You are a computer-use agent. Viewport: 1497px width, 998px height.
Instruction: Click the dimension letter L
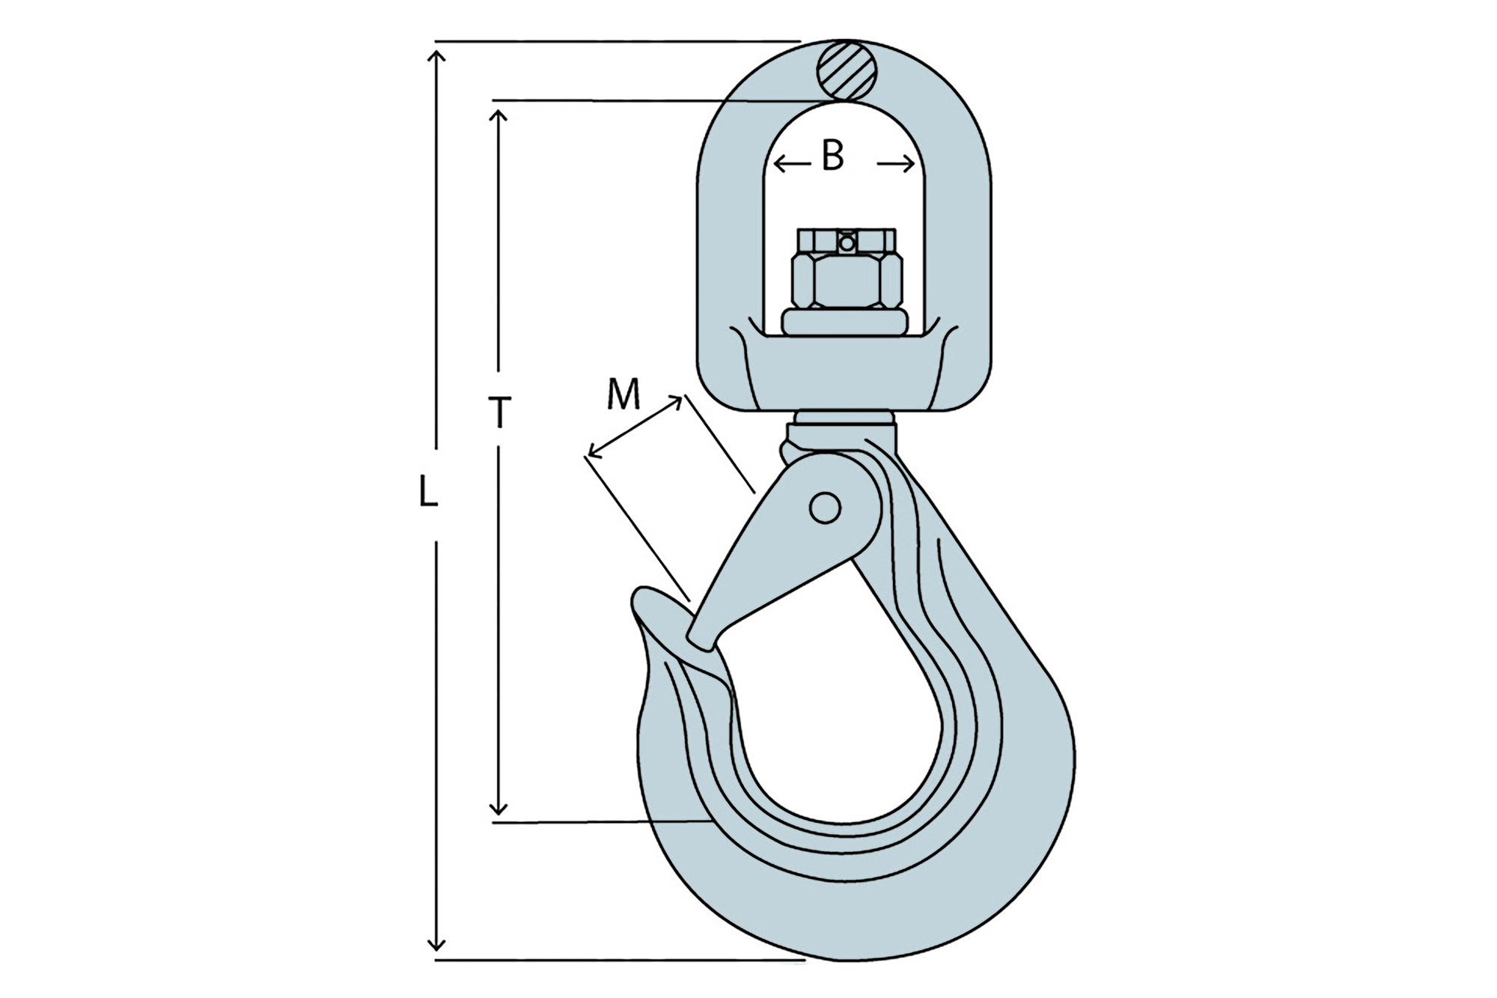point(427,492)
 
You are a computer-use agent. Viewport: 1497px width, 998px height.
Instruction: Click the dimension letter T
point(499,413)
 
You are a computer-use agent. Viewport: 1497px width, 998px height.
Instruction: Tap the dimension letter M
point(624,394)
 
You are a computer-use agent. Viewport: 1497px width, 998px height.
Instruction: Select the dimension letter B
point(832,156)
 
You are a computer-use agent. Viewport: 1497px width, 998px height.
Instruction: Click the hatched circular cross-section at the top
point(846,70)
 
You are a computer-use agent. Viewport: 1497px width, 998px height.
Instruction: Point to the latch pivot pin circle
point(825,508)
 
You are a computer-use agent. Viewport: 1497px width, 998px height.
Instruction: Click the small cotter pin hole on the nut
point(847,243)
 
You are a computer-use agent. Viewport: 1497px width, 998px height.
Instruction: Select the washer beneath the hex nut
point(845,322)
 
